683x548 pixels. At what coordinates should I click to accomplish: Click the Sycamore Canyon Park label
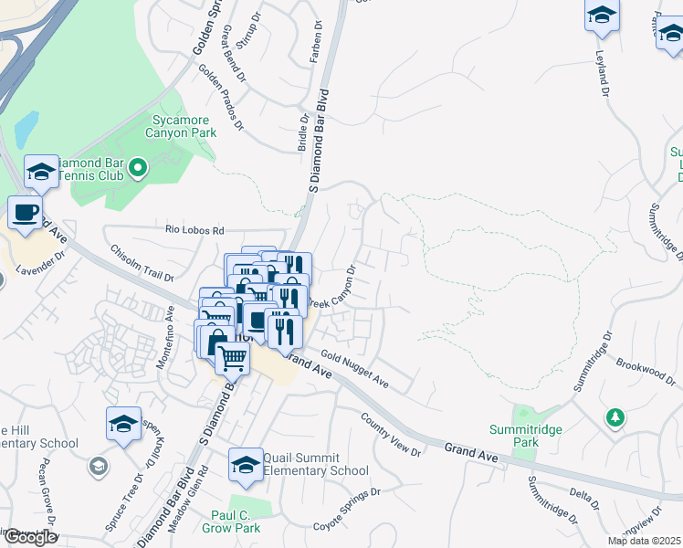pos(182,126)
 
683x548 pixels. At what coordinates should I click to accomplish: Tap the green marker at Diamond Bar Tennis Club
pos(138,167)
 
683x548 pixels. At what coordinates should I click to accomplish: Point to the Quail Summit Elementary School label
pos(315,464)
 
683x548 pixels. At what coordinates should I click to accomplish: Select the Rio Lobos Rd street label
pos(194,231)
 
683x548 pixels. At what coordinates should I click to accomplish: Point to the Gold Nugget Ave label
pos(354,372)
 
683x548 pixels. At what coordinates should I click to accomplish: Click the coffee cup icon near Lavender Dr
pos(26,214)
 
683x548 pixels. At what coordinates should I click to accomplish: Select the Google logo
pos(29,537)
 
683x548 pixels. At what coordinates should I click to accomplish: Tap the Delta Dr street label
pos(581,498)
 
